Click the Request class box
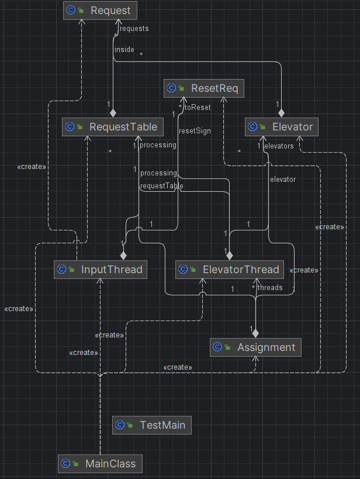100,11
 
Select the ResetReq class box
204,88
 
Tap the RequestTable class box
113,127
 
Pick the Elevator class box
282,127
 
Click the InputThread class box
101,270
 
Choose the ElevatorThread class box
230,270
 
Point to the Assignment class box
255,347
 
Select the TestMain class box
152,425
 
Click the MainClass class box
100,464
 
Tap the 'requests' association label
134,29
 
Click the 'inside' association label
124,49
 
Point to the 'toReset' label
198,107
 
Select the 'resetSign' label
195,131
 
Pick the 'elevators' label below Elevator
279,146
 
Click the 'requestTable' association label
161,186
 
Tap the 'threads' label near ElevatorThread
270,288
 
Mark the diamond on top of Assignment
255,333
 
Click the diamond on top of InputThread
123,256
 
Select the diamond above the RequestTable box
113,113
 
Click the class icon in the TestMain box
120,425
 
